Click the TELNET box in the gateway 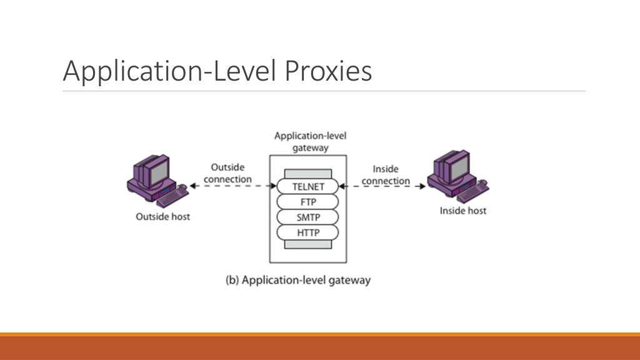pyautogui.click(x=308, y=186)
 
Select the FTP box pyautogui.click(x=308, y=202)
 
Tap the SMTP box pyautogui.click(x=308, y=217)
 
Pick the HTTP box pyautogui.click(x=308, y=233)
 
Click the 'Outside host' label pyautogui.click(x=163, y=217)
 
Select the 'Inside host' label pyautogui.click(x=462, y=211)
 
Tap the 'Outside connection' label pyautogui.click(x=227, y=173)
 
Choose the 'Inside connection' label pyautogui.click(x=386, y=175)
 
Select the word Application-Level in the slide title pyautogui.click(x=171, y=72)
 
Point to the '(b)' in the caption pyautogui.click(x=232, y=280)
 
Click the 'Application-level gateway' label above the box pyautogui.click(x=310, y=142)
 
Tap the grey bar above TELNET pyautogui.click(x=308, y=173)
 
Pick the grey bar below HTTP pyautogui.click(x=308, y=245)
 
